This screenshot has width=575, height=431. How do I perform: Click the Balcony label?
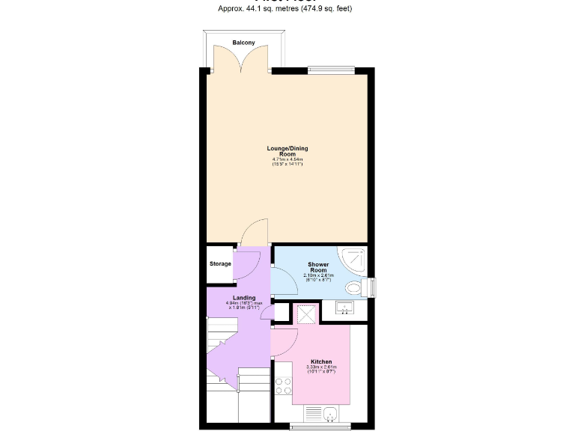point(243,43)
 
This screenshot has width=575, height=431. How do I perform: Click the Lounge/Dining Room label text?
point(287,151)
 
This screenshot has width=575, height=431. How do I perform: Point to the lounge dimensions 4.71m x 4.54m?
point(287,159)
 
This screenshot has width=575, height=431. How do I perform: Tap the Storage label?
point(220,264)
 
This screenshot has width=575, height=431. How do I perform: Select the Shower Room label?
point(318,267)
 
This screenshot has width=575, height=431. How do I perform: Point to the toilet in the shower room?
point(356,287)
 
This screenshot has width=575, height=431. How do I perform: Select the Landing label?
point(244,297)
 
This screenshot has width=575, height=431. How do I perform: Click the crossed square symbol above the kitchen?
point(305,314)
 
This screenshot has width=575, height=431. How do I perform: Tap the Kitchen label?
point(321,361)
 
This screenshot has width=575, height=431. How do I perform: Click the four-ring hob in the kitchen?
point(284,385)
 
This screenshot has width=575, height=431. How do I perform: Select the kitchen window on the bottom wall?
point(321,427)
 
